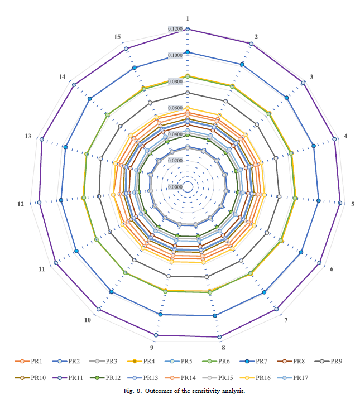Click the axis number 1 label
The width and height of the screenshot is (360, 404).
tap(188, 19)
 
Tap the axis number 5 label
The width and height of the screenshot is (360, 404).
tap(352, 204)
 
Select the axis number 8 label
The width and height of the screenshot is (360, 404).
tap(223, 347)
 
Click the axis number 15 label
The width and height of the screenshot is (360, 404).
tap(117, 37)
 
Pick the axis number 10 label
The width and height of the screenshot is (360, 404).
tap(88, 320)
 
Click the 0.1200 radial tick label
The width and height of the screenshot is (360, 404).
tap(175, 29)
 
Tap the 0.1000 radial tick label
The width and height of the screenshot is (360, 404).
tap(175, 55)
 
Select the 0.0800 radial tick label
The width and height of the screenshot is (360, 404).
tap(175, 81)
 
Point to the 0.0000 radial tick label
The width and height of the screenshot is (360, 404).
tap(175, 187)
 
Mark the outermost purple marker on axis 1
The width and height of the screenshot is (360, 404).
tap(188, 28)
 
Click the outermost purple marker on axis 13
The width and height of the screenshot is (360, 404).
tap(41, 139)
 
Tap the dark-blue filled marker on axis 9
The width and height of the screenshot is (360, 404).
tap(161, 315)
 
